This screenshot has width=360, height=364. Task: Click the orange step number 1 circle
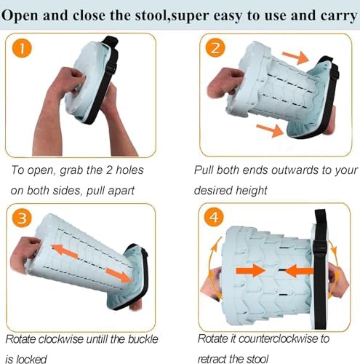coord(22,48)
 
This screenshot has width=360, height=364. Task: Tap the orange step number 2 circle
coord(215,47)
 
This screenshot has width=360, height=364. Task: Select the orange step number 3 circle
coord(22,218)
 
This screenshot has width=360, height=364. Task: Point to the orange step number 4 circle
coord(214,217)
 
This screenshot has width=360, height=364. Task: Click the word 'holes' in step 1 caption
coord(129,170)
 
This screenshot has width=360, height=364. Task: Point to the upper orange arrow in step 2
coord(295,57)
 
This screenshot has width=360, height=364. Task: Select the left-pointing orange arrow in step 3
coord(65,252)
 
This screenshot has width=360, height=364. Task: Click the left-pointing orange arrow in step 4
coord(299,271)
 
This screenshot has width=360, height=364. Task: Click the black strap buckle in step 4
coord(319,249)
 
